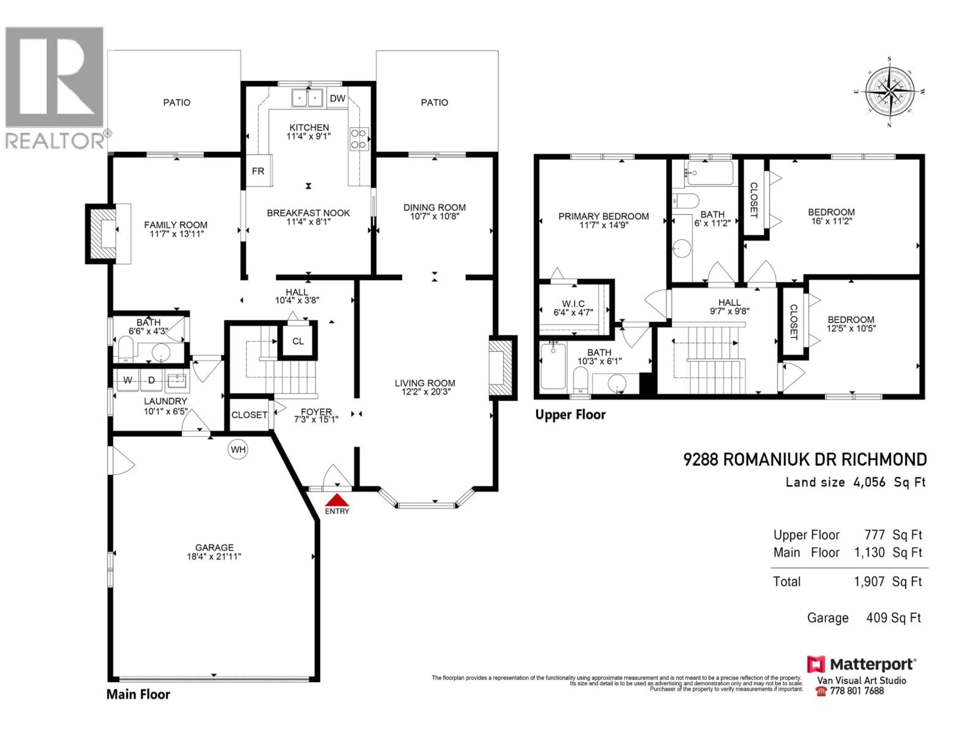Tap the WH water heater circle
point(238,450)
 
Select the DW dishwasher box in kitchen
point(337,98)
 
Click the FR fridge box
point(259,171)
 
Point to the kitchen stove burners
point(359,138)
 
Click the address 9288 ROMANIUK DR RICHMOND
point(805,460)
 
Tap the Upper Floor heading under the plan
point(570,415)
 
